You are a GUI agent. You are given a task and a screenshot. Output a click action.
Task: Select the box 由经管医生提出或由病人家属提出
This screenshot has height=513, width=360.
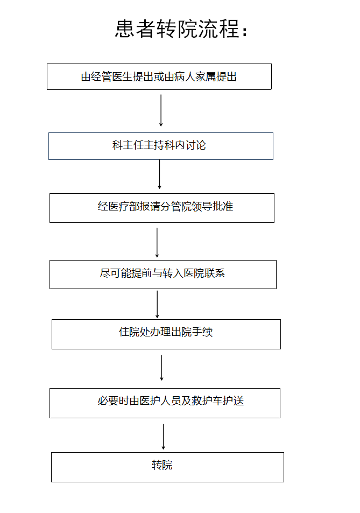coord(159,76)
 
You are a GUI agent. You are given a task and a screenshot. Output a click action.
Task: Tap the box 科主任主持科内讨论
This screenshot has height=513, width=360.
coord(161,146)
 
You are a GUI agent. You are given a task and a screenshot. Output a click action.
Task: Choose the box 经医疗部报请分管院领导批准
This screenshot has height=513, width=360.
coord(162,208)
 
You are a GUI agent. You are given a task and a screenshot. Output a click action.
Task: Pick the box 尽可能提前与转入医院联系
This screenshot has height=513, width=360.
coord(163,275)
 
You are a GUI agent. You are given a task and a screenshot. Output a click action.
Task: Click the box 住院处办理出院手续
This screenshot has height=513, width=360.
coord(166,334)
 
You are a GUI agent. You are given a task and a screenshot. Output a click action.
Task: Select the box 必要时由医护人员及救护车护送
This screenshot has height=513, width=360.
coord(165,403)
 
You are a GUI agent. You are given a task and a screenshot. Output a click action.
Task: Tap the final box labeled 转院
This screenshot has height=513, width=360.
coord(167,467)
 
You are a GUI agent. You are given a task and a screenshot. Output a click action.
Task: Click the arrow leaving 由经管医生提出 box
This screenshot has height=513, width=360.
coord(161,110)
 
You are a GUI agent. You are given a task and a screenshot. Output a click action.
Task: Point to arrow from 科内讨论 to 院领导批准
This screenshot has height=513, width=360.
coord(160,174)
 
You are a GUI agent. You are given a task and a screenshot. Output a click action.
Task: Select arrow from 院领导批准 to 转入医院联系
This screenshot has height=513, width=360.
coord(157,242)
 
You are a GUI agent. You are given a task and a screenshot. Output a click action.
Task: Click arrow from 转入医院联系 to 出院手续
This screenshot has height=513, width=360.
coord(157,304)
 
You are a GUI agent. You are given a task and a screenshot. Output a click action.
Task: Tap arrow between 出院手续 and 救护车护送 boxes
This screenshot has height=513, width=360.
coord(161,368)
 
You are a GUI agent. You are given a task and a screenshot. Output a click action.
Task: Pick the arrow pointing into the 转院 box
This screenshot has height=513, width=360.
coord(163,437)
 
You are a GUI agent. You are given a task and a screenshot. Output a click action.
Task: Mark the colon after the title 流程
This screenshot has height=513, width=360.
coord(245,31)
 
